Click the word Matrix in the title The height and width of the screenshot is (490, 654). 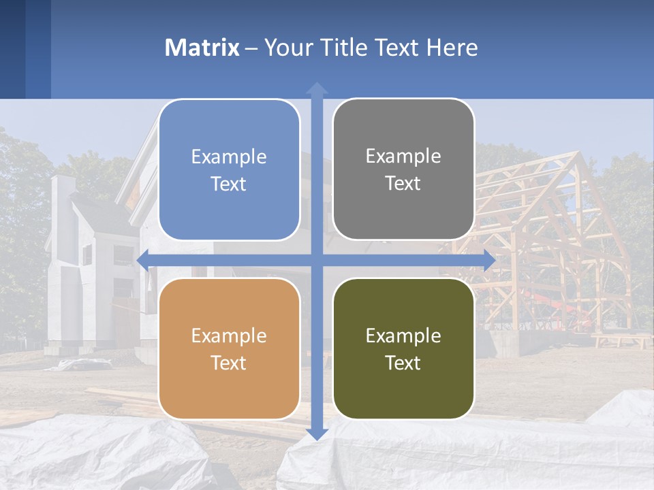202,48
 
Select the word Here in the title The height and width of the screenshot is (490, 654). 452,48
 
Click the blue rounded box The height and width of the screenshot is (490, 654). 229,170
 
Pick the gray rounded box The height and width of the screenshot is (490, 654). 403,170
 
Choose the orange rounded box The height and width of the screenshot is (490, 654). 229,348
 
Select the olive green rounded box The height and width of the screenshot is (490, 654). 403,348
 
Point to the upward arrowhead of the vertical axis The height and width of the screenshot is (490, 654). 317,88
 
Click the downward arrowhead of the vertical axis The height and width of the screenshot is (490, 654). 317,434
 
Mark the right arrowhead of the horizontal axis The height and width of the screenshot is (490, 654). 489,260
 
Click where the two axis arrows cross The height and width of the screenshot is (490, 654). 317,260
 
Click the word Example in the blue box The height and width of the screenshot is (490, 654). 229,157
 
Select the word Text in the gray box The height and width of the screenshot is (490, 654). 403,184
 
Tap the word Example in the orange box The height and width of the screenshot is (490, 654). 229,336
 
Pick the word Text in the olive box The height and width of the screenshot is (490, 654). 403,363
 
